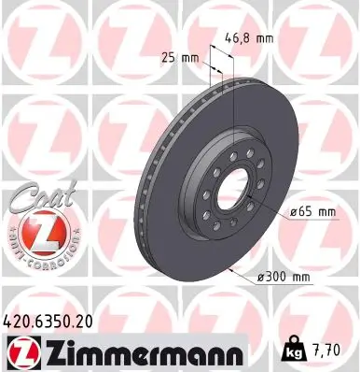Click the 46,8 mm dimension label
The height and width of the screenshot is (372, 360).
point(250,39)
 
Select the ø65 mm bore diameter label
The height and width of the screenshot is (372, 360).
point(312,213)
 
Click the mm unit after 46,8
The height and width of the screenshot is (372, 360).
point(266,39)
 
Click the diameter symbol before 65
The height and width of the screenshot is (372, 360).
point(292,213)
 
